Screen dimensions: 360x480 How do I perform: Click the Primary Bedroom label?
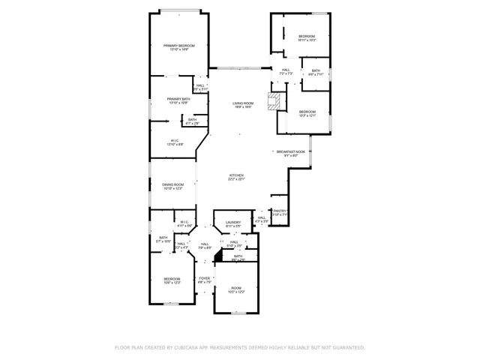[179, 47]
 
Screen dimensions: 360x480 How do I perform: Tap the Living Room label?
[242, 105]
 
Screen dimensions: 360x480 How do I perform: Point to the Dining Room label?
[173, 186]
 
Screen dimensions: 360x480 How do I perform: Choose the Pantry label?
[280, 212]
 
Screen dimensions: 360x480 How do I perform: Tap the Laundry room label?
[233, 223]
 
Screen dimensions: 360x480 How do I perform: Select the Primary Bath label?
[178, 100]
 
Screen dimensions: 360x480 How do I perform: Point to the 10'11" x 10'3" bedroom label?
[307, 37]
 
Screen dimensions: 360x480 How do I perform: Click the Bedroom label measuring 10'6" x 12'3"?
[173, 280]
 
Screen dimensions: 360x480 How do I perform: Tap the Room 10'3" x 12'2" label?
[236, 289]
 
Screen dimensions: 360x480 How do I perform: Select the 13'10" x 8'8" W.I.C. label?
[174, 142]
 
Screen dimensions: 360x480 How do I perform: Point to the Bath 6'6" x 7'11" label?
[316, 73]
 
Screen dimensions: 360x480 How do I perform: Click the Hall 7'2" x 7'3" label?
[286, 72]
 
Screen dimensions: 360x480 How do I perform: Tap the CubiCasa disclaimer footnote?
[239, 347]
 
